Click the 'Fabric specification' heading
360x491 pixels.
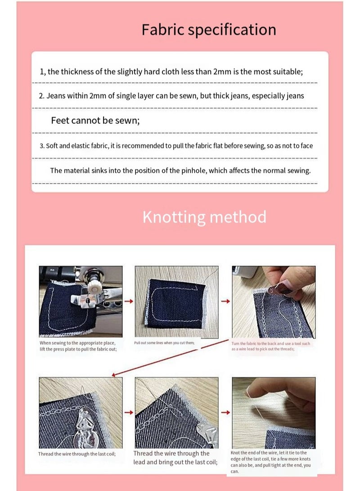(209, 30)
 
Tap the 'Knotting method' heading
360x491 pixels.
(204, 217)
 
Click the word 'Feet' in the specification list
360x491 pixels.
(60, 121)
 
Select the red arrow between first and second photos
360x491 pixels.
(129, 301)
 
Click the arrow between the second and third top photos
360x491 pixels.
(226, 301)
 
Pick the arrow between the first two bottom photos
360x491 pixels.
(129, 412)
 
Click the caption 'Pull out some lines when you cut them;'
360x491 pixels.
(164, 343)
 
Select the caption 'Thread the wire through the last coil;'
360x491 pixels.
(77, 454)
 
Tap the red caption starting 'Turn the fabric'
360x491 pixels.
(271, 346)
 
